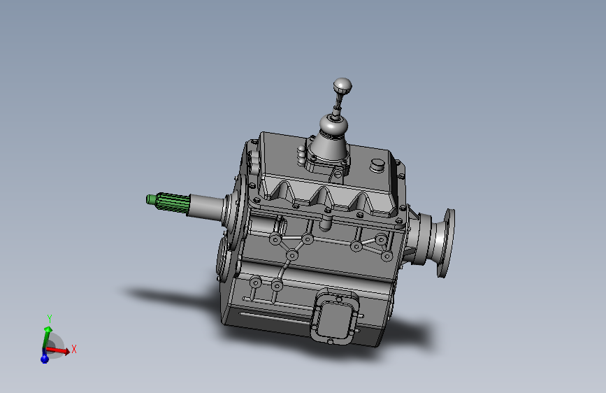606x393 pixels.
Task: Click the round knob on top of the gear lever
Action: tap(342, 86)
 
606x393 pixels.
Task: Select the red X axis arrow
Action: tap(60, 350)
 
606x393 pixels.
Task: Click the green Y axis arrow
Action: tap(48, 335)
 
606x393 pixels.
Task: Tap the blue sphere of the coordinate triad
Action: tap(45, 358)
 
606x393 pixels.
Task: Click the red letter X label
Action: tap(73, 348)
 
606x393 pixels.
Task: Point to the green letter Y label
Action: tap(49, 317)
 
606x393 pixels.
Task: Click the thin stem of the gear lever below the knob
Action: tap(338, 106)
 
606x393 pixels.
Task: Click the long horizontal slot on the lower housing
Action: tap(273, 316)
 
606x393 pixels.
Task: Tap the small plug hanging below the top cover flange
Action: tap(325, 224)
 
